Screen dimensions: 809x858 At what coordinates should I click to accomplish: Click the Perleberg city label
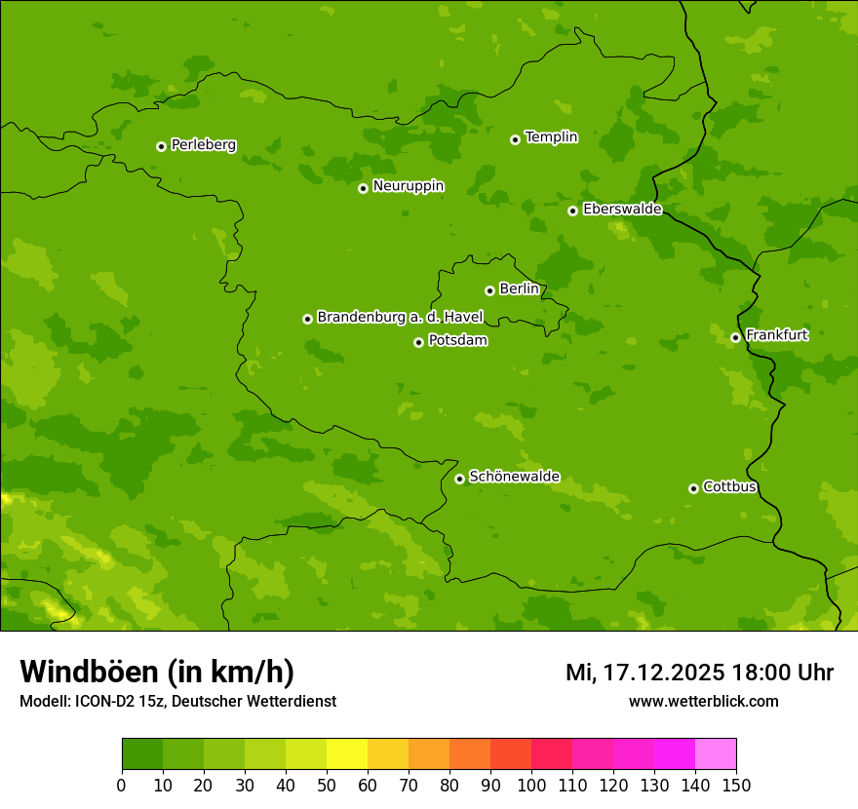click(204, 145)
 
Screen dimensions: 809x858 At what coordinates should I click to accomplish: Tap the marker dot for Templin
click(515, 139)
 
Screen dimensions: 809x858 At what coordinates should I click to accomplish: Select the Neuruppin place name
click(409, 186)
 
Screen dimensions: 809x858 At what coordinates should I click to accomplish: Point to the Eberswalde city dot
click(572, 211)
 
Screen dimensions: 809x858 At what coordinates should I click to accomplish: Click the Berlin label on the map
click(519, 289)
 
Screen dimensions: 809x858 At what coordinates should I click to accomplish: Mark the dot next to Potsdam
click(418, 342)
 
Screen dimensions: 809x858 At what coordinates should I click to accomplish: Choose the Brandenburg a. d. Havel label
click(400, 318)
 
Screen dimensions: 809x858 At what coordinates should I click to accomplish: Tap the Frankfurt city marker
click(735, 337)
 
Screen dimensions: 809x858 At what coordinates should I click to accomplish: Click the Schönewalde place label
click(515, 477)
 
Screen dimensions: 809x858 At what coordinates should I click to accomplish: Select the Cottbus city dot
click(693, 488)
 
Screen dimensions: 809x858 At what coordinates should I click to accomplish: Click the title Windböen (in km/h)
click(157, 673)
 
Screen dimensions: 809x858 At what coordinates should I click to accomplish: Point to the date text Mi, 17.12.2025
click(644, 673)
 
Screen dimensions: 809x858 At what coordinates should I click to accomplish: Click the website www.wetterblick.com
click(703, 701)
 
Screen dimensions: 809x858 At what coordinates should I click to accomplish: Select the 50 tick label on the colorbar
click(327, 785)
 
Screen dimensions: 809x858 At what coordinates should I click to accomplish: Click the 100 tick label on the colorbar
click(531, 785)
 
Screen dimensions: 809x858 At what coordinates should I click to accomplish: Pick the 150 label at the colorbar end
click(736, 785)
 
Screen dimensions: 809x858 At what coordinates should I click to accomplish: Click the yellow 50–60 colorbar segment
click(347, 754)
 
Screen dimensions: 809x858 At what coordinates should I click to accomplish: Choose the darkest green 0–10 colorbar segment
click(142, 754)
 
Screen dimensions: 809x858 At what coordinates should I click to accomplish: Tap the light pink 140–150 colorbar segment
click(716, 754)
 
